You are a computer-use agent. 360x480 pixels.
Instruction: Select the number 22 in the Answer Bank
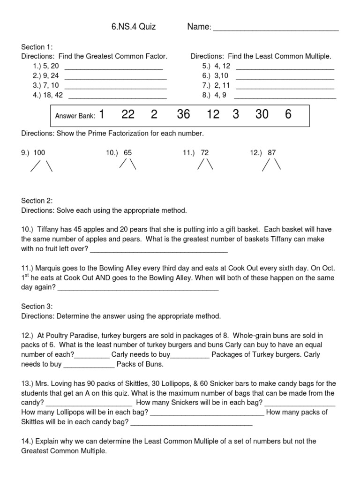tap(128, 115)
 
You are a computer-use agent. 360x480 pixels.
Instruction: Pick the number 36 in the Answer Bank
tap(183, 115)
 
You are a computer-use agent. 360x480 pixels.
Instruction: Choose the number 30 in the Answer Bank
tap(262, 115)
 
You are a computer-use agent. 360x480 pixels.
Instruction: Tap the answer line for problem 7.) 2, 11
tap(285, 88)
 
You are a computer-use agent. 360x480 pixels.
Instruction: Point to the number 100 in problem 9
tap(39, 153)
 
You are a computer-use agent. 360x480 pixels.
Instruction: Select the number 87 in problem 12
tap(272, 153)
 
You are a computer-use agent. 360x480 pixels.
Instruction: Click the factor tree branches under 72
tap(205, 165)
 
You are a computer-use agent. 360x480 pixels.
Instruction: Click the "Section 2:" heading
tap(37, 201)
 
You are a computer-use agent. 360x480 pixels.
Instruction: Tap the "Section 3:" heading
tap(37, 306)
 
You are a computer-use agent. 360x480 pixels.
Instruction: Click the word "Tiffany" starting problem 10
tap(51, 230)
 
